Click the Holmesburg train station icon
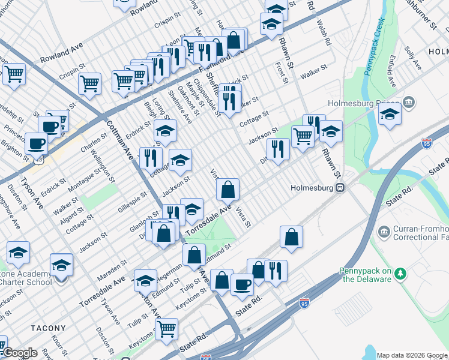point(340,187)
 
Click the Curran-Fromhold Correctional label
point(421,233)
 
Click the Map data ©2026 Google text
point(412,355)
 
